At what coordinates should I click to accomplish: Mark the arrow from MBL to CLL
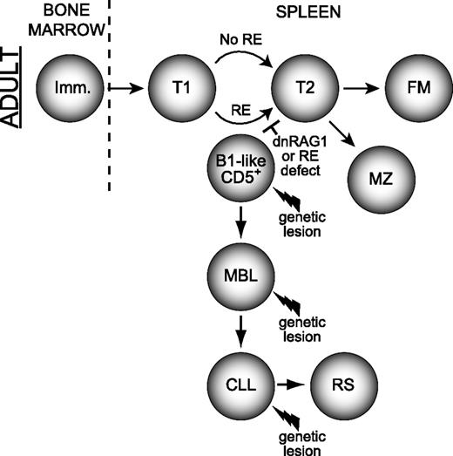click(x=238, y=330)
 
